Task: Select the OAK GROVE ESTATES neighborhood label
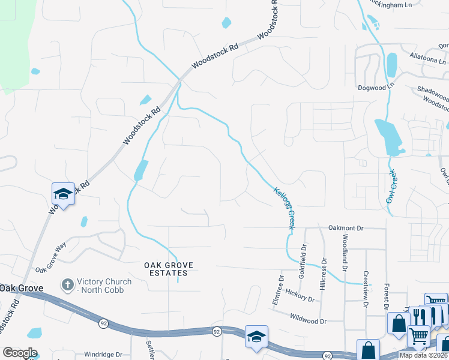coord(165,269)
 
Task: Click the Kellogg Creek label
coord(284,208)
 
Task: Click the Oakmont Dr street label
coord(346,228)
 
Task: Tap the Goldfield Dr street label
coord(304,256)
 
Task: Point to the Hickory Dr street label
coord(300,296)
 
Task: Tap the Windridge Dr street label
coord(103,355)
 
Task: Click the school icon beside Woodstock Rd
coord(63,194)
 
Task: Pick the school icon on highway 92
coord(256,337)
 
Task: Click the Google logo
coord(20,353)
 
